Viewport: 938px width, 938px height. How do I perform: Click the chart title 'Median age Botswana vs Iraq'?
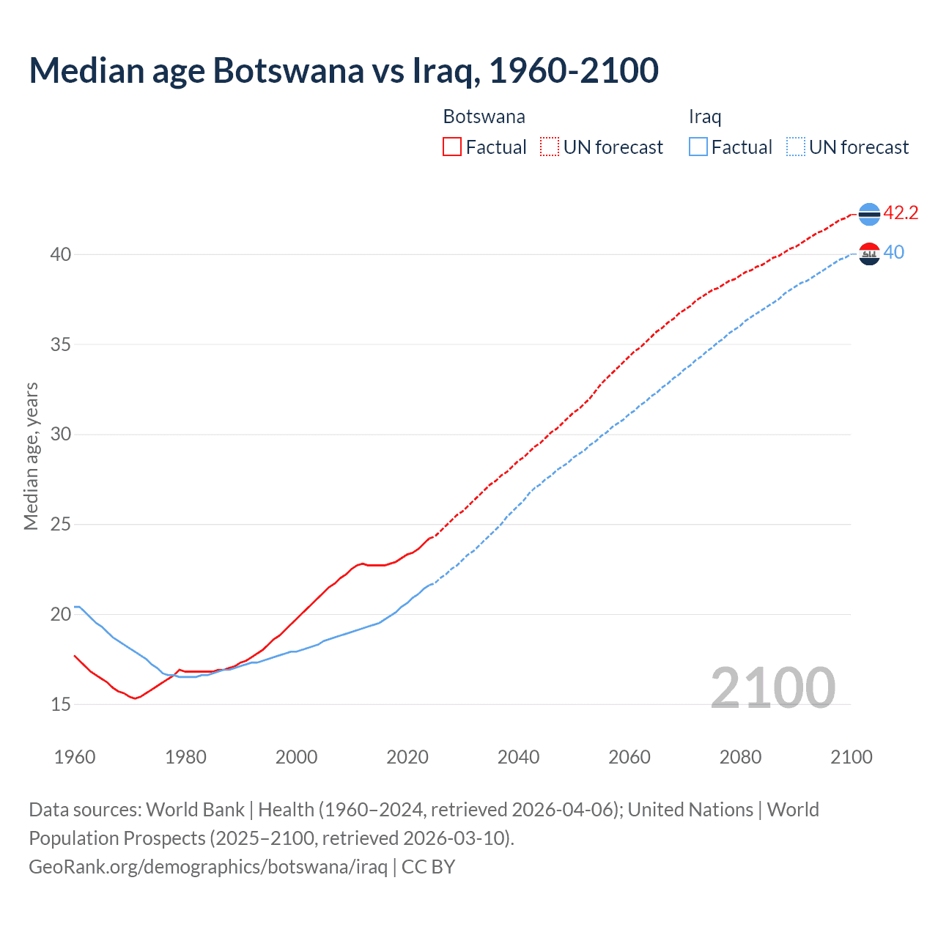(344, 70)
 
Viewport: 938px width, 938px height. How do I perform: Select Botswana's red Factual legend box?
(452, 147)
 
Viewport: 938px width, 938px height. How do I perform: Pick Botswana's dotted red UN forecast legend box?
(550, 147)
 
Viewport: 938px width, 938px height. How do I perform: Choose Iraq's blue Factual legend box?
(698, 147)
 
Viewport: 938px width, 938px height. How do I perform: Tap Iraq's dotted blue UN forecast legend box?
(796, 147)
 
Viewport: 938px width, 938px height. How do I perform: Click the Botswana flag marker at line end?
(869, 213)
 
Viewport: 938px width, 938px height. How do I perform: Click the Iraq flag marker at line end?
(869, 254)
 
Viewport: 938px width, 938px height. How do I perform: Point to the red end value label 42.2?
(901, 213)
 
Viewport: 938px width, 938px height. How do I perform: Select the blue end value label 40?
(894, 253)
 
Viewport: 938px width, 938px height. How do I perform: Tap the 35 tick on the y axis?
(61, 344)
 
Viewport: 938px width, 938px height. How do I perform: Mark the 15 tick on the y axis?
(61, 704)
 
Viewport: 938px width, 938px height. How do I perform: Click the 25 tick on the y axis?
(61, 525)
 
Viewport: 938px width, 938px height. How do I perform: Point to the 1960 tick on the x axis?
(75, 757)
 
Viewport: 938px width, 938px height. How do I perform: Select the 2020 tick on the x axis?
(407, 757)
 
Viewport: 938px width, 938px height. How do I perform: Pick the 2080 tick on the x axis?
(740, 757)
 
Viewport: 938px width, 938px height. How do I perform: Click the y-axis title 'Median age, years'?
(31, 456)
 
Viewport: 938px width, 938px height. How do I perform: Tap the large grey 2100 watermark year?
(773, 688)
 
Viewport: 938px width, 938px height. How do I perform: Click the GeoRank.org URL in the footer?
(208, 867)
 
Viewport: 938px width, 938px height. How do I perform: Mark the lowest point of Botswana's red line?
(135, 698)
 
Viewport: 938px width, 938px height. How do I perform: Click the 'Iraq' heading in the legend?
(705, 117)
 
